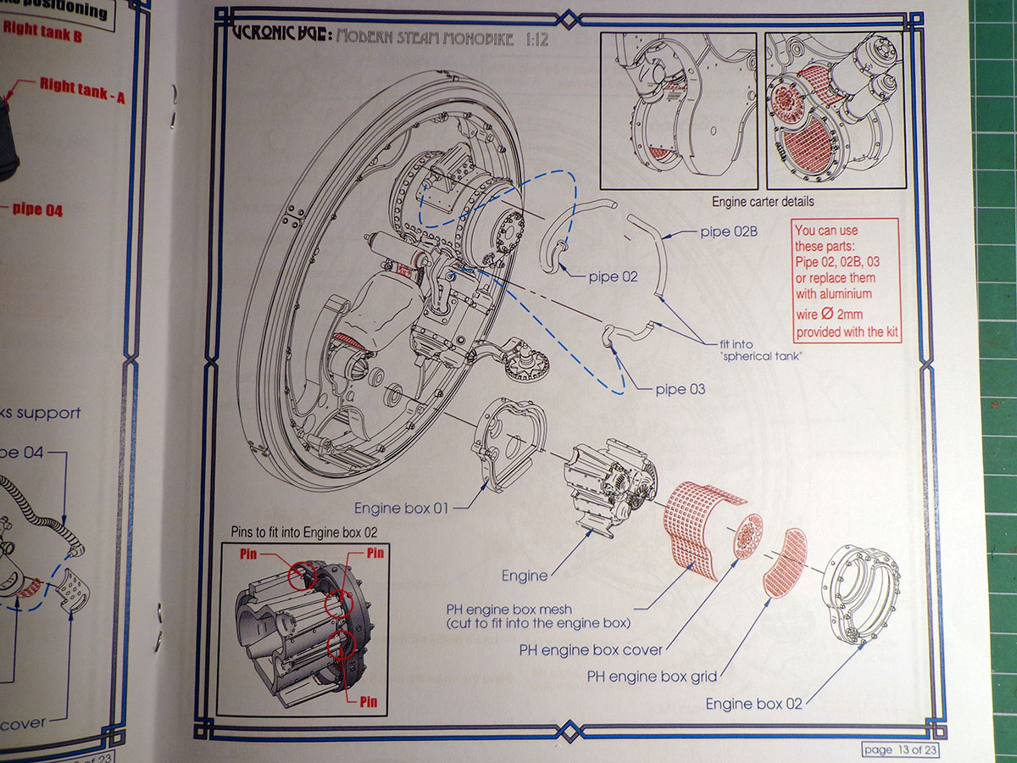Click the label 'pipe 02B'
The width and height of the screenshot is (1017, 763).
(x=730, y=231)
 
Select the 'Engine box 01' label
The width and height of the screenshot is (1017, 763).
(x=400, y=509)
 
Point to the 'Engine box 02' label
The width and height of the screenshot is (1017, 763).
(x=753, y=704)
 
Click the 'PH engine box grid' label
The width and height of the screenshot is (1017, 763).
(x=652, y=677)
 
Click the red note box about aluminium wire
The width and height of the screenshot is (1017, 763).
(x=845, y=280)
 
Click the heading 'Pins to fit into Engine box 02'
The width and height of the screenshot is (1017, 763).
(x=304, y=532)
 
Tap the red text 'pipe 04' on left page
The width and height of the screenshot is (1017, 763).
(x=38, y=209)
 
